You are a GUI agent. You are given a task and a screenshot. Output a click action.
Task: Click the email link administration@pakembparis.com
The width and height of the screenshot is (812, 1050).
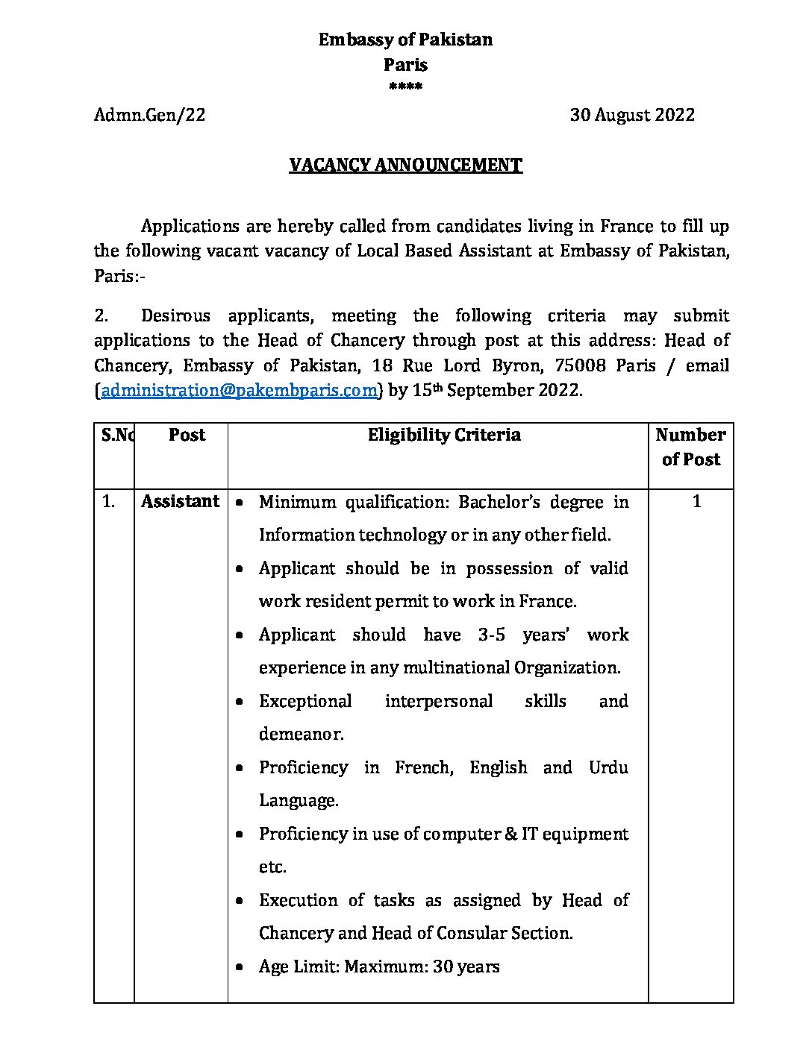[x=239, y=390]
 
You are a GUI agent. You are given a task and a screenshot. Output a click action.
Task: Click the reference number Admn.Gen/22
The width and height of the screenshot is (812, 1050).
[x=149, y=115]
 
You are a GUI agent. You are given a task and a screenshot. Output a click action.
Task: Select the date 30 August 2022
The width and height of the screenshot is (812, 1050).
[x=632, y=115]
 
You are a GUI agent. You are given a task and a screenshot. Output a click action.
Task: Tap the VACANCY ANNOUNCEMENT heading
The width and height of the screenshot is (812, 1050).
[x=405, y=165]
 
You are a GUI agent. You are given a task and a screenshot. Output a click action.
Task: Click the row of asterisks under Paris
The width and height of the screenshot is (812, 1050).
[x=405, y=87]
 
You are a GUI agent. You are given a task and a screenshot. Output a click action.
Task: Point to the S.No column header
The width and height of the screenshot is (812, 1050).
[x=117, y=435]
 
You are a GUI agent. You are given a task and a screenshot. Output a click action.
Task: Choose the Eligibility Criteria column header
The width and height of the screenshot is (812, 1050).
[x=444, y=435]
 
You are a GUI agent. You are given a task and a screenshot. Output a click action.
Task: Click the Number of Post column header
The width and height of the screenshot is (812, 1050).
[x=690, y=447]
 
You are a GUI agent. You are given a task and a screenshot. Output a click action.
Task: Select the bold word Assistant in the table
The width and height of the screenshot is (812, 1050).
[x=181, y=501]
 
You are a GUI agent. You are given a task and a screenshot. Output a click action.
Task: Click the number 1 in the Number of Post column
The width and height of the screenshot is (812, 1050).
[x=696, y=501]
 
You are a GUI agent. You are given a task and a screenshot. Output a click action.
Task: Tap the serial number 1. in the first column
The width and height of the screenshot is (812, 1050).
[x=108, y=501]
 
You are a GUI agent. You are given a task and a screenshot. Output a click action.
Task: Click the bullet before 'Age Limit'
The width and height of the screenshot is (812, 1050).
[x=239, y=967]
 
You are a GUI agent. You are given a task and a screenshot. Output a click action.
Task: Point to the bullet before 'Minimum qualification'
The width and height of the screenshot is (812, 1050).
[x=239, y=503]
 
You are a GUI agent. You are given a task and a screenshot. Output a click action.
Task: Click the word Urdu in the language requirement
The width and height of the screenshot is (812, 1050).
[x=608, y=767]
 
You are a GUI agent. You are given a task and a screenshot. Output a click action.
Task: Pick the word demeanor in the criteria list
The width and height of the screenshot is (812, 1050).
[x=301, y=734]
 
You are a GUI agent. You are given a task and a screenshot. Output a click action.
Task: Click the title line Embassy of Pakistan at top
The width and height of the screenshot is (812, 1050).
[x=405, y=40]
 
